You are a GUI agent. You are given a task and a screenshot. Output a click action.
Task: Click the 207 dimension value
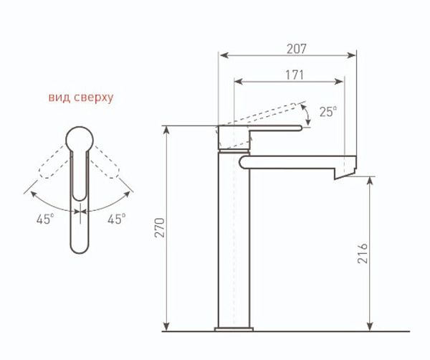[297, 49]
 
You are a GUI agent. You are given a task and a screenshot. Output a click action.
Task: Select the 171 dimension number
[295, 75]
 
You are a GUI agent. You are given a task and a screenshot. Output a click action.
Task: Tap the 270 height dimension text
[159, 228]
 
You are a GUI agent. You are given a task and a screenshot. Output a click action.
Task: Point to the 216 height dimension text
[363, 253]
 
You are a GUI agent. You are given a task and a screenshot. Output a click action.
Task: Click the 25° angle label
[328, 111]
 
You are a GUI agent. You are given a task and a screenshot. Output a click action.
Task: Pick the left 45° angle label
[45, 219]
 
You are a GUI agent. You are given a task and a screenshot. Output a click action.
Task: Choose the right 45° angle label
[117, 219]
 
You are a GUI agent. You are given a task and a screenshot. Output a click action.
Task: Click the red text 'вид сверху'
[81, 98]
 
